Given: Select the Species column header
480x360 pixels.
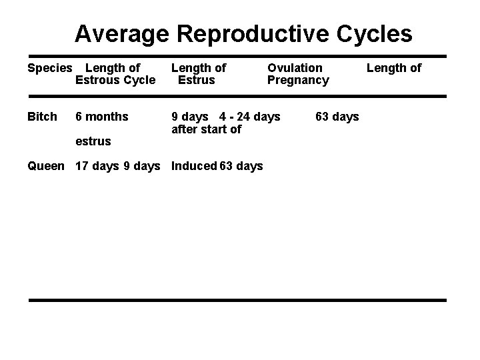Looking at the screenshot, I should pyautogui.click(x=49, y=67).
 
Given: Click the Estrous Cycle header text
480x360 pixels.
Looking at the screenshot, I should pyautogui.click(x=115, y=80).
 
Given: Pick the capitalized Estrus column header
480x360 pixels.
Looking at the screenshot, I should pyautogui.click(x=196, y=80).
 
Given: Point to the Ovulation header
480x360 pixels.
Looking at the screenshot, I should pyautogui.click(x=295, y=67).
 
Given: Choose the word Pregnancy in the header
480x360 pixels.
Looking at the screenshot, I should pyautogui.click(x=298, y=80).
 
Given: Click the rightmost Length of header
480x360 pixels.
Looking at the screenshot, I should pyautogui.click(x=394, y=67).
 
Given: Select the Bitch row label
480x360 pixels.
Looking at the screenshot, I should pyautogui.click(x=42, y=117).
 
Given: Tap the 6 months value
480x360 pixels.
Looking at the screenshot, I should pyautogui.click(x=102, y=117).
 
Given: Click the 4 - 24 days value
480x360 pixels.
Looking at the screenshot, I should pyautogui.click(x=250, y=117).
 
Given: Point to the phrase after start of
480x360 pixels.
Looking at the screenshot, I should pyautogui.click(x=206, y=129).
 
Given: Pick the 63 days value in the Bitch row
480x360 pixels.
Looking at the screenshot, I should pyautogui.click(x=337, y=117).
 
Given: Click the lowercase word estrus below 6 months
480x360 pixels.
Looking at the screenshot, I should pyautogui.click(x=93, y=141).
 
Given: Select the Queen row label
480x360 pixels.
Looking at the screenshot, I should pyautogui.click(x=46, y=166).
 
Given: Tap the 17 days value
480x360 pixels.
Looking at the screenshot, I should pyautogui.click(x=97, y=166).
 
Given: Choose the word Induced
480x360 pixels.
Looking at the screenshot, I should pyautogui.click(x=194, y=166).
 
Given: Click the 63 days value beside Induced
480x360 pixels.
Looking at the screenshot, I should pyautogui.click(x=241, y=166).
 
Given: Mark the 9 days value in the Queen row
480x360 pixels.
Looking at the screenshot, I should pyautogui.click(x=142, y=166).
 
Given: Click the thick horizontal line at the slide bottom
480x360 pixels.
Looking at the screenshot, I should pyautogui.click(x=237, y=300).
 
